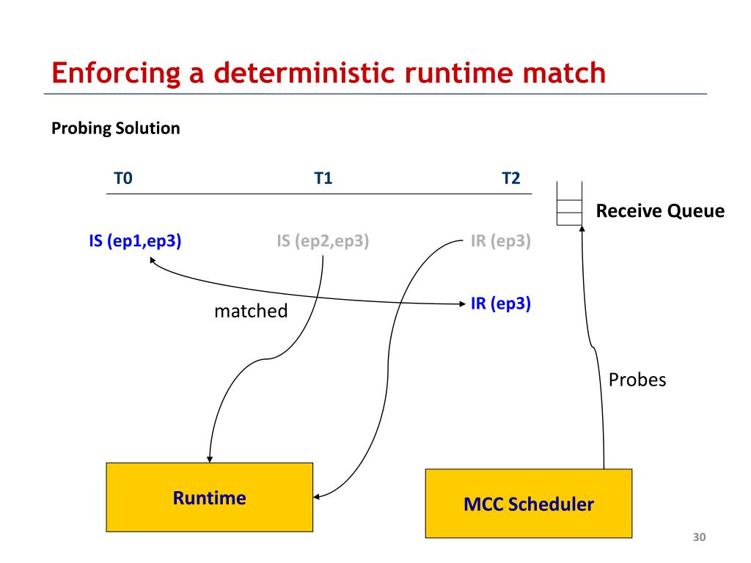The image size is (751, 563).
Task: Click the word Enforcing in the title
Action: tap(116, 74)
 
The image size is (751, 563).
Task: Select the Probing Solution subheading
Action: tap(115, 128)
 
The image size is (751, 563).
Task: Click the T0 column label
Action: tap(123, 178)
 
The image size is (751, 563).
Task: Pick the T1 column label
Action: tap(323, 178)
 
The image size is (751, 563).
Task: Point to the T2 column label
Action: tap(510, 178)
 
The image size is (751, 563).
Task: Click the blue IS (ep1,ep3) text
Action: tap(135, 240)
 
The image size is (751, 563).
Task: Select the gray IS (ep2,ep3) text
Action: tap(323, 240)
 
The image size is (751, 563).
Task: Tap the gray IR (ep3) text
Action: tap(500, 240)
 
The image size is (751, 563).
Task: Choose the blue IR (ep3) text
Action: tap(500, 303)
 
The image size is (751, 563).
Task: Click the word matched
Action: tap(251, 311)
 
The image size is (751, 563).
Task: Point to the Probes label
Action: tap(637, 380)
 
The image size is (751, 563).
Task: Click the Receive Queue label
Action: tap(660, 210)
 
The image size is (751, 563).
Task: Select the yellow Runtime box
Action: tap(209, 497)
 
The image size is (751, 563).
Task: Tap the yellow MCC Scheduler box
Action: tap(529, 504)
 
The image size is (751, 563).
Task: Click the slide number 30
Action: tap(699, 537)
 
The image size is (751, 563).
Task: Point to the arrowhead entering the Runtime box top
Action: tap(209, 459)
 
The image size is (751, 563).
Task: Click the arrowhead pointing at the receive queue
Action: tap(582, 229)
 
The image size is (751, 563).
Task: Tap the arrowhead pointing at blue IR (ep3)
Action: tap(462, 303)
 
